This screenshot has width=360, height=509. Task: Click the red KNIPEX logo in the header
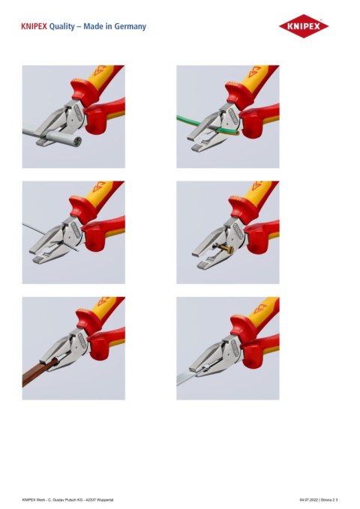(304, 28)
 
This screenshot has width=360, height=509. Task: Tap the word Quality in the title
(64, 26)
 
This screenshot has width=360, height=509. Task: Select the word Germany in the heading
(130, 26)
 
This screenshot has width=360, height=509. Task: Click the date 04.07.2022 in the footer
(308, 499)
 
